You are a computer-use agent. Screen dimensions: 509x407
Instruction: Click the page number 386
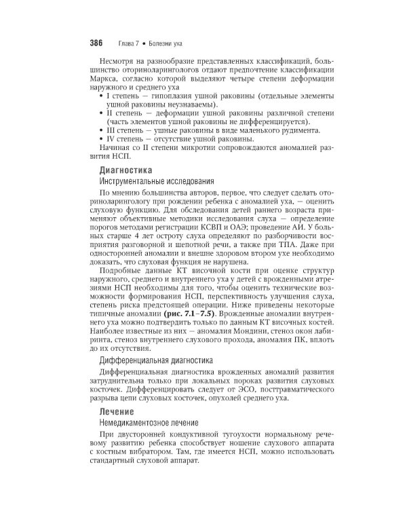91,43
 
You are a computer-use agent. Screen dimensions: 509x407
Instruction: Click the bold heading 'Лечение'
115,411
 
